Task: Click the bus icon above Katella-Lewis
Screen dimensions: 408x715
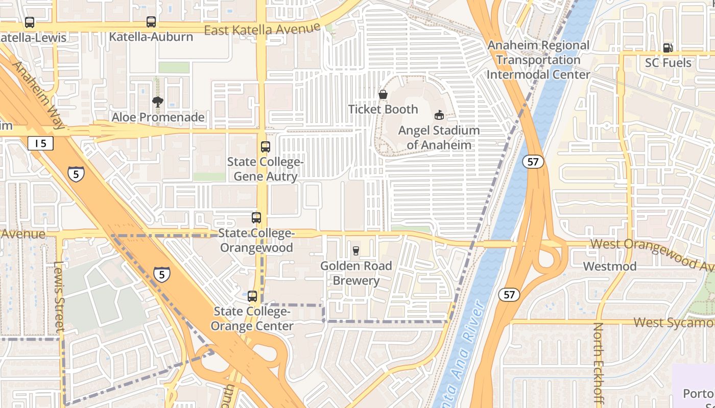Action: [x=30, y=22]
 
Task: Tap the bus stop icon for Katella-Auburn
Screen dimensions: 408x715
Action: [x=151, y=22]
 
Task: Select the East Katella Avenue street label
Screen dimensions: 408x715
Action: [x=262, y=30]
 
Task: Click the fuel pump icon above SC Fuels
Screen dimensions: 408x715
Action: [x=668, y=48]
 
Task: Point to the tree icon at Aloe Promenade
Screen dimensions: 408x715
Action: [x=158, y=102]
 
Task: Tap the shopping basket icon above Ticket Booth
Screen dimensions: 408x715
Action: [x=383, y=94]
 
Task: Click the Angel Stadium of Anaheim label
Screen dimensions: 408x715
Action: [x=439, y=137]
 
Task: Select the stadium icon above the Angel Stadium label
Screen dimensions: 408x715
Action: [x=439, y=115]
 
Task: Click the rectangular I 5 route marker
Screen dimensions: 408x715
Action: [x=40, y=143]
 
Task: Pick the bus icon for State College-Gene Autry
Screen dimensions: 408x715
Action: [x=265, y=147]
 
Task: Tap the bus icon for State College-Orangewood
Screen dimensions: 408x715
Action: [x=256, y=218]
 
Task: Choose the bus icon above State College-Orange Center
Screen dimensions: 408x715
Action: [x=252, y=296]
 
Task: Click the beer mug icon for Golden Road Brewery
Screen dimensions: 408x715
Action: [x=356, y=250]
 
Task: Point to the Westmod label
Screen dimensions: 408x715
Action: [x=610, y=266]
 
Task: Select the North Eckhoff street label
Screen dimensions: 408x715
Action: [x=598, y=365]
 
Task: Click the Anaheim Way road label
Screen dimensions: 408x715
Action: [x=38, y=95]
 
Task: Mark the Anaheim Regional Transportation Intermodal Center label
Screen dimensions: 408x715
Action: [x=538, y=60]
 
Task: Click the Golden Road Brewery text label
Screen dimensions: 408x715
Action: [x=356, y=273]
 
